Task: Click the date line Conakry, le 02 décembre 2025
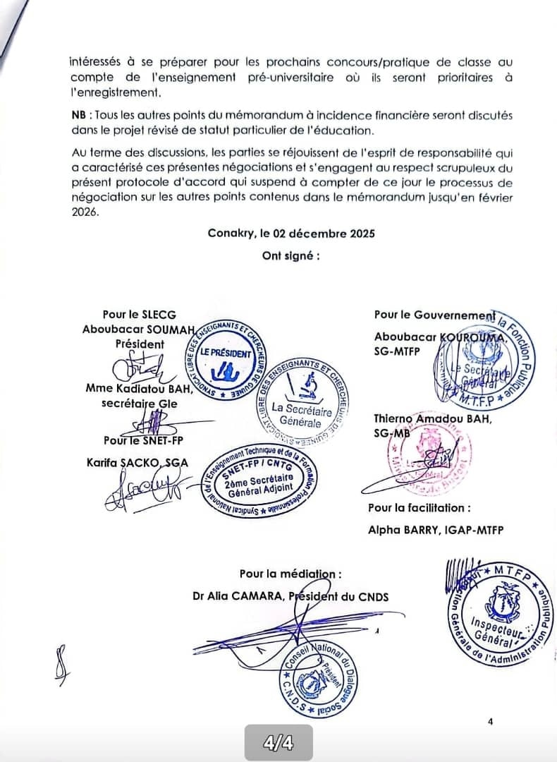coord(291,234)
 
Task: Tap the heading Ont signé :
coord(291,255)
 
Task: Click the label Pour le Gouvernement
coord(433,315)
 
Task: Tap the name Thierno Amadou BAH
coord(433,419)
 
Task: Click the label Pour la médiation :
coord(290,574)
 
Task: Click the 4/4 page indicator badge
coord(278,743)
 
